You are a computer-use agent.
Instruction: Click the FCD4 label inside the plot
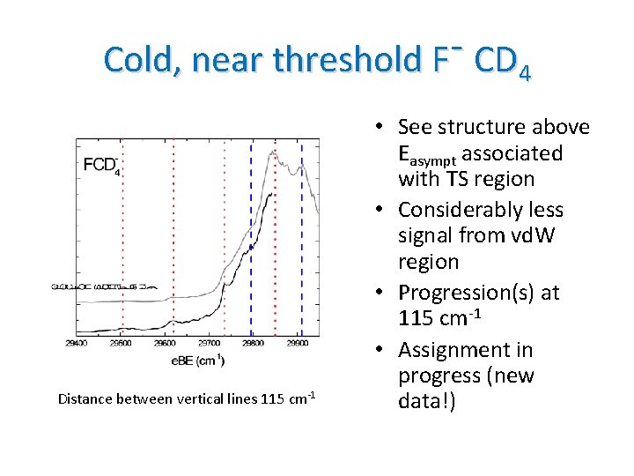click(102, 165)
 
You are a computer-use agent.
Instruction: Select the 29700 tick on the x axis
click(210, 345)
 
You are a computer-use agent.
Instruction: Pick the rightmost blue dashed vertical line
click(302, 238)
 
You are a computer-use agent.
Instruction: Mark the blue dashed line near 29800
click(251, 238)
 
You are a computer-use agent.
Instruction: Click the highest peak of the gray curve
click(276, 152)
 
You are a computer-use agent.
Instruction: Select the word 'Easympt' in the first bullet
click(428, 154)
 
